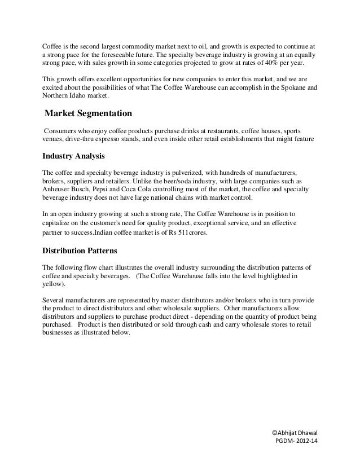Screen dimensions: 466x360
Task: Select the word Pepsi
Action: (x=107, y=190)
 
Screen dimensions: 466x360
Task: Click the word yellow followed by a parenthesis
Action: (x=53, y=284)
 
